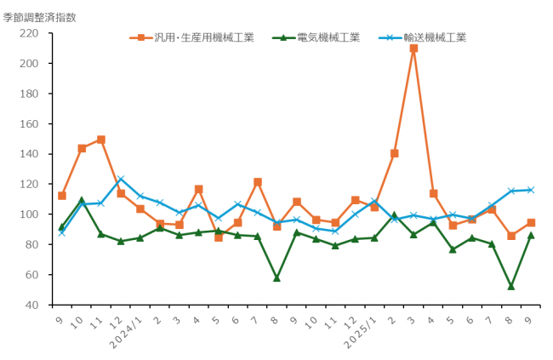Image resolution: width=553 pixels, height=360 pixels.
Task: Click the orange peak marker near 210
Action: point(413,49)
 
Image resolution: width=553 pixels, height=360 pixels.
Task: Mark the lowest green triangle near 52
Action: point(511,286)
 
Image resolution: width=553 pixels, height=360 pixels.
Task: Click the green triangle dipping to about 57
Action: point(276,278)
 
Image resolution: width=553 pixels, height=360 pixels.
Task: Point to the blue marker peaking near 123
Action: point(121,179)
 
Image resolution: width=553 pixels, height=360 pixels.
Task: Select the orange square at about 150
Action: point(101,140)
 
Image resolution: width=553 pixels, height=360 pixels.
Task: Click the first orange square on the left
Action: point(62,196)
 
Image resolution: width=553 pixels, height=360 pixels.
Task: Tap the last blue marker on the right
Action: point(531,190)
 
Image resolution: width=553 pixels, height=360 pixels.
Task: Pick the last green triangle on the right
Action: point(531,235)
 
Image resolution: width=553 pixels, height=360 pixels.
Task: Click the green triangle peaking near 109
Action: point(82,201)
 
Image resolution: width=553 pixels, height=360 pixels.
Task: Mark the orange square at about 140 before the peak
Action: point(394,153)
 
